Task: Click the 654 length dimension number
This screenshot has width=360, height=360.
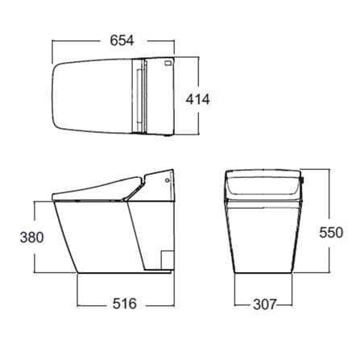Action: click(122, 40)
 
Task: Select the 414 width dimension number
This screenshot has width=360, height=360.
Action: click(198, 99)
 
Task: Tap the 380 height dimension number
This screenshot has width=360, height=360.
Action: click(31, 238)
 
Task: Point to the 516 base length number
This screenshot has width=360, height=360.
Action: click(125, 304)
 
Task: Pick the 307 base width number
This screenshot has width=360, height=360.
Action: click(264, 304)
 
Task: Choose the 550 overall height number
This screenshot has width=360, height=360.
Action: click(331, 232)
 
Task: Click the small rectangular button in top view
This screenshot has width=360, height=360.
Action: click(168, 64)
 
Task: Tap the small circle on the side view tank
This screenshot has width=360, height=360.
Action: click(168, 180)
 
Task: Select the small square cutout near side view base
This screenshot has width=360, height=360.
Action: click(167, 259)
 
